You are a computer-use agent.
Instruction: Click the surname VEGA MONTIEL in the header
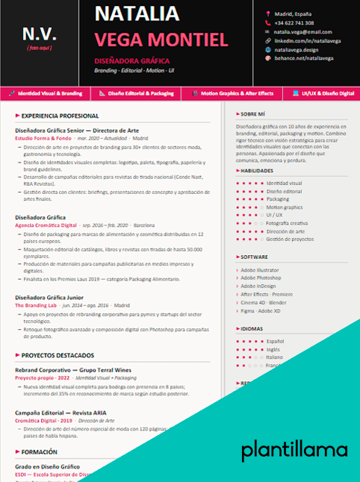(161, 40)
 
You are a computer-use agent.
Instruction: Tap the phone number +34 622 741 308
(294, 23)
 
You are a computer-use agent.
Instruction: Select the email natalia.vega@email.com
(302, 32)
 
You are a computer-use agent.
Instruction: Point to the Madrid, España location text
(293, 14)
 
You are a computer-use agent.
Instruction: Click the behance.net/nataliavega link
(303, 57)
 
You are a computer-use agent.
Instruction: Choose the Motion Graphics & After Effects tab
(238, 93)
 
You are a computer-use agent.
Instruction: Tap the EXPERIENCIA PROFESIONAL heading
(60, 116)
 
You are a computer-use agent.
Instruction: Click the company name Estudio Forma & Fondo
(43, 138)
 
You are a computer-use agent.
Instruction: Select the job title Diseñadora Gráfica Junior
(49, 296)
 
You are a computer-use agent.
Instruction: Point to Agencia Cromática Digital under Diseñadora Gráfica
(46, 225)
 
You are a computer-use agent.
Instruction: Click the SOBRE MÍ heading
(254, 114)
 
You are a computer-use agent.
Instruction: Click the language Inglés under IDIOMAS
(273, 348)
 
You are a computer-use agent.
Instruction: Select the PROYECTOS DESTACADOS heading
(58, 355)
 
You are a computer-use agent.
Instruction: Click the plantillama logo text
(294, 450)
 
